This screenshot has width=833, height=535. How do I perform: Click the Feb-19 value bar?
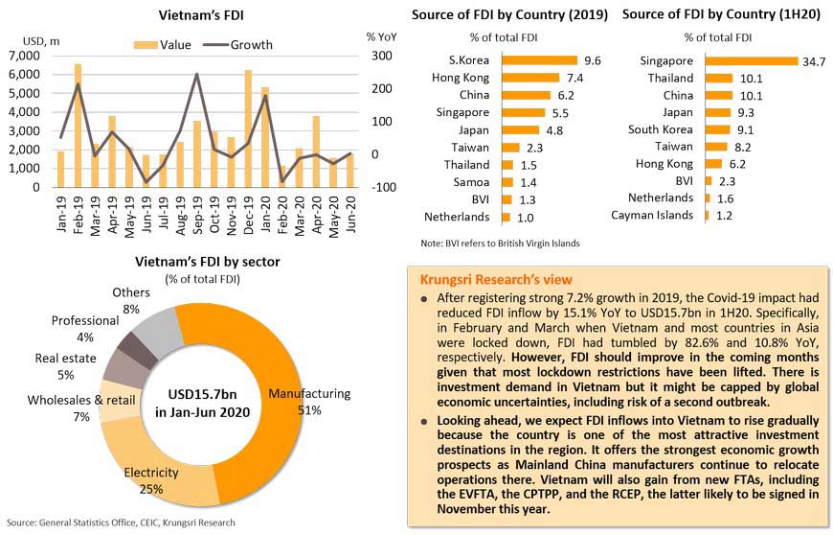tap(78, 126)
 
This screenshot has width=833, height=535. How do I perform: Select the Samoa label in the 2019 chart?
tap(470, 181)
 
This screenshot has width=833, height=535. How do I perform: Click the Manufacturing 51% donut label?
tap(309, 402)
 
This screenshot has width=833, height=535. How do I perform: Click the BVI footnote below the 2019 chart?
tap(500, 244)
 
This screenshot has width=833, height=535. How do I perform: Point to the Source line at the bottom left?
tap(121, 523)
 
